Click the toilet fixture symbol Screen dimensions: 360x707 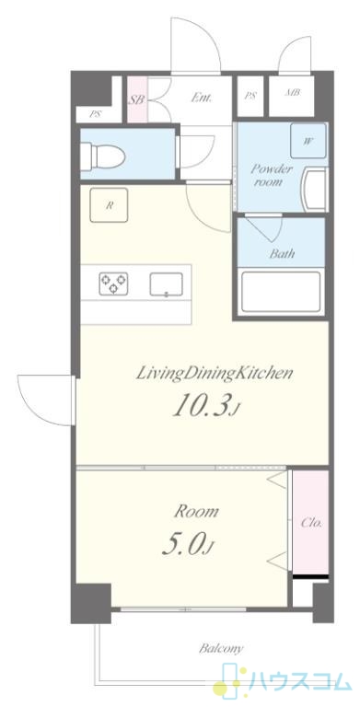tap(103, 156)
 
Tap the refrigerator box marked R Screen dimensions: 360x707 tap(109, 205)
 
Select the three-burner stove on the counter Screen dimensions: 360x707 tap(113, 284)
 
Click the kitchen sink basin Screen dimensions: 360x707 tap(166, 284)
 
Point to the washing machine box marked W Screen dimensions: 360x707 tap(308, 141)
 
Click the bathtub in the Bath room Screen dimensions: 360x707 tap(281, 291)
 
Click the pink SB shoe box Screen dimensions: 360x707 tap(137, 99)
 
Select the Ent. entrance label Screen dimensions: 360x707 tap(202, 98)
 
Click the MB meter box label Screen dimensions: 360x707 tap(293, 93)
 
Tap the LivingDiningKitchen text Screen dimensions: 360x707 tap(215, 374)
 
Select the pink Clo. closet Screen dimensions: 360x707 tap(310, 522)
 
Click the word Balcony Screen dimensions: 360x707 tap(221, 649)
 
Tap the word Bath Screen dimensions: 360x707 tap(283, 253)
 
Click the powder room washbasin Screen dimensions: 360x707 tap(316, 190)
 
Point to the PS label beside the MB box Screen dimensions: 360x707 tap(249, 96)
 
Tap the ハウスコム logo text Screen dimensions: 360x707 tap(298, 682)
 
